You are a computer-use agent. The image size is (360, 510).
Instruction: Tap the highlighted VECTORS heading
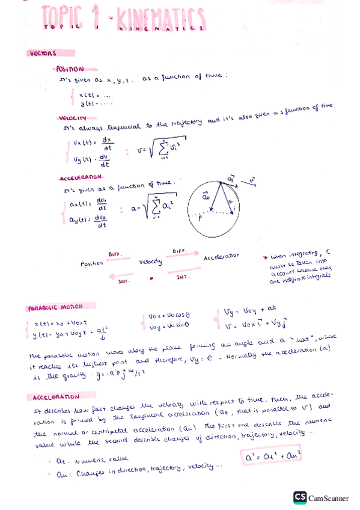42,53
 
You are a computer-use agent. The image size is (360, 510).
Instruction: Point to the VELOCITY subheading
73,118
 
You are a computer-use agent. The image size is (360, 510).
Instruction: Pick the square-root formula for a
156,207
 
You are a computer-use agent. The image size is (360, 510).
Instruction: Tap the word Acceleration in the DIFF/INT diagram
221,256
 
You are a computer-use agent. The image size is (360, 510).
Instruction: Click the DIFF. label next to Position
115,254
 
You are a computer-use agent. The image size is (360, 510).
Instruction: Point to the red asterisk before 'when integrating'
265,257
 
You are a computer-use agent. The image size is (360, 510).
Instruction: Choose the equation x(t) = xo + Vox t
58,322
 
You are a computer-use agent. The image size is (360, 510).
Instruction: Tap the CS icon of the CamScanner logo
300,497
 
